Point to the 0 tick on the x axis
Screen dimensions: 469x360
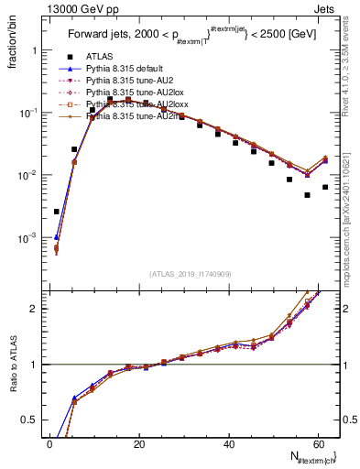click(49, 442)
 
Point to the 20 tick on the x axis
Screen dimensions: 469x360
click(138, 442)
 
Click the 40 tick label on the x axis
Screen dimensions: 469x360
click(228, 442)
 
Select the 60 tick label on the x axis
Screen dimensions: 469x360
click(317, 442)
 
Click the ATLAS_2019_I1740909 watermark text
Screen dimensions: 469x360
click(189, 274)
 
